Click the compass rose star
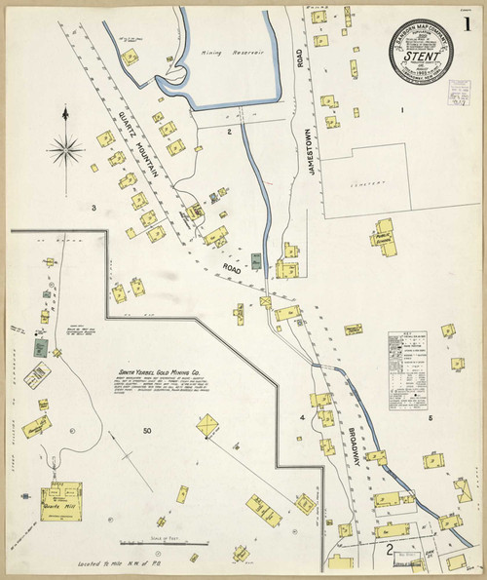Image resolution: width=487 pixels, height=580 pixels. click(64, 149)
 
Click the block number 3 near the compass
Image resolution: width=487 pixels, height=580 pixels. click(94, 208)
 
